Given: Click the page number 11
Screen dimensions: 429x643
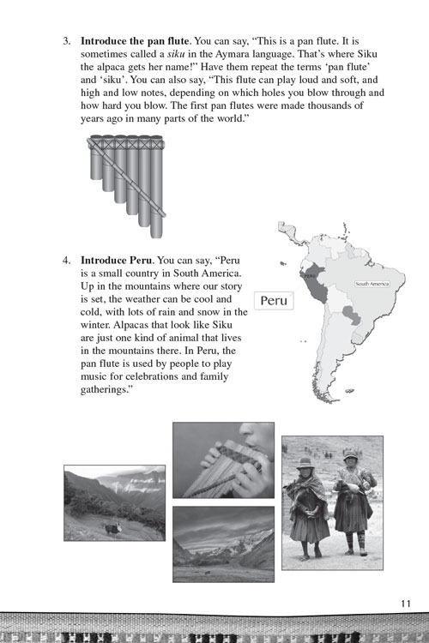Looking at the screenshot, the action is (x=405, y=603).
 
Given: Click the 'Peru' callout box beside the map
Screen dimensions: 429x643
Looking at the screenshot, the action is (x=273, y=302).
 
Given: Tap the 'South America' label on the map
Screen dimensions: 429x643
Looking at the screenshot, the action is (x=372, y=284).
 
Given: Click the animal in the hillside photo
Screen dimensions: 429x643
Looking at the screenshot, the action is (x=113, y=529).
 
